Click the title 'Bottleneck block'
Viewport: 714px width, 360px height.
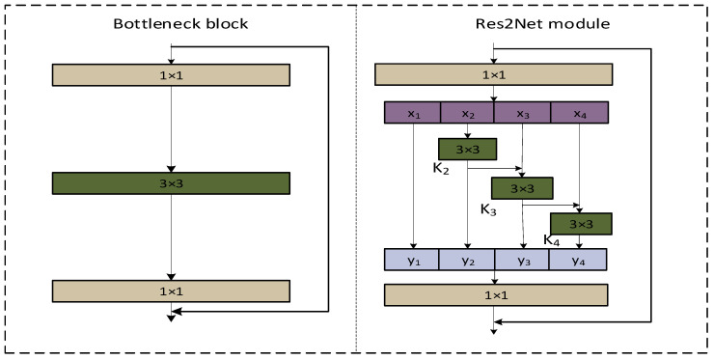click(171, 22)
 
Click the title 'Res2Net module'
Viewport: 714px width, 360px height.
click(494, 22)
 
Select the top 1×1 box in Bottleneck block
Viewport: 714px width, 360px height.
click(171, 74)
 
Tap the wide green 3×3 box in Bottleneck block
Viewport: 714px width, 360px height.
click(171, 182)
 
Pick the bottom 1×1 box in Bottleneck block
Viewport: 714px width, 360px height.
click(171, 291)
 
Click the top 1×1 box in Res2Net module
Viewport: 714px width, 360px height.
click(494, 74)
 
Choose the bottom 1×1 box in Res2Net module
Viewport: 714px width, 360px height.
click(494, 294)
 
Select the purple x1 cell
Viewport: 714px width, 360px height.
click(413, 113)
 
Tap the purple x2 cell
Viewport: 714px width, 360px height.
click(467, 113)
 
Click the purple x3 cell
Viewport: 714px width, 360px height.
click(522, 113)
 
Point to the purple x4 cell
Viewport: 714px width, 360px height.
click(578, 113)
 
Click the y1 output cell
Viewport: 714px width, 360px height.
click(412, 259)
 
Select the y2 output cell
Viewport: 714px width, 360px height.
click(467, 259)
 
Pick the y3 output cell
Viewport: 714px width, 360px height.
click(522, 259)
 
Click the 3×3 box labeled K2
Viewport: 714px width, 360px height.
click(467, 149)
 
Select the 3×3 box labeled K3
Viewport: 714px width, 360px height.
click(521, 187)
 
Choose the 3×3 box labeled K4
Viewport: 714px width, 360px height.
click(581, 224)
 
